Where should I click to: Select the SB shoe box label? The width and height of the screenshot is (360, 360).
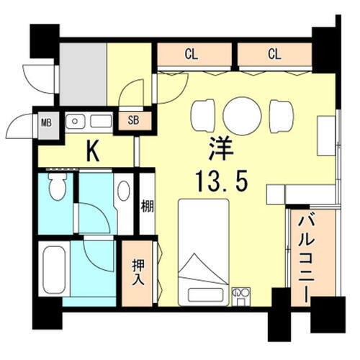[x=135, y=120]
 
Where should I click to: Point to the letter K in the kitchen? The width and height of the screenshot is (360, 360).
[x=93, y=150]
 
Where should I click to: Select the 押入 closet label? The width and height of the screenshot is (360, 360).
[x=138, y=272]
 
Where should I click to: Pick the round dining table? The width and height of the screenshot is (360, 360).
[x=242, y=115]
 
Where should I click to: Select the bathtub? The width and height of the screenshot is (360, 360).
[x=54, y=271]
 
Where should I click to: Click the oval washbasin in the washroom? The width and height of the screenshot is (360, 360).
[x=123, y=191]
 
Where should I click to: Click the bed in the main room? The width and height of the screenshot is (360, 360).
[x=203, y=252]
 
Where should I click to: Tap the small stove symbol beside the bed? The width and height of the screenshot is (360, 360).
[x=240, y=294]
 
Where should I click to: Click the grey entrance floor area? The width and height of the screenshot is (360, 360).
[x=83, y=74]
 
